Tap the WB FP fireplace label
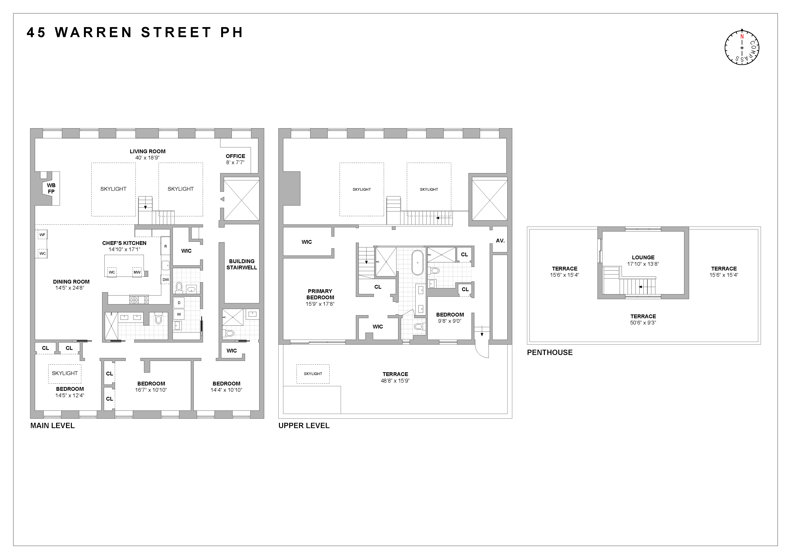[x=51, y=188]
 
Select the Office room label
[x=235, y=156]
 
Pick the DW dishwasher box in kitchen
[x=166, y=280]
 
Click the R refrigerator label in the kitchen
[x=165, y=246]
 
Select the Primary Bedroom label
[x=320, y=294]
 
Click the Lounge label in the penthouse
[x=643, y=257]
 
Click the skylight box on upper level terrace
[x=313, y=374]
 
